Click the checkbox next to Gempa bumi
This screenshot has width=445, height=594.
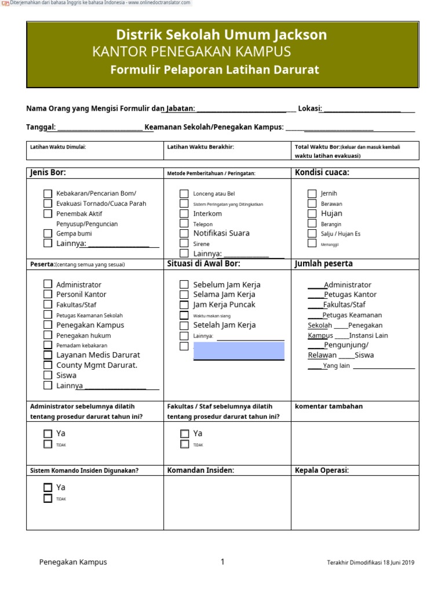[x=48, y=233]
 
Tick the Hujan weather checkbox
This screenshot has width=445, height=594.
[x=312, y=213]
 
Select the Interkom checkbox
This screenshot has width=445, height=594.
[x=184, y=213]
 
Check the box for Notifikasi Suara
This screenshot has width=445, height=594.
[x=184, y=233]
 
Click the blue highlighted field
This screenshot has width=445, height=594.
[x=239, y=350]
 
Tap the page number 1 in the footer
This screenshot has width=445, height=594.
[x=222, y=562]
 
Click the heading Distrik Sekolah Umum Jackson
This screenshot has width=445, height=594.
[x=222, y=35]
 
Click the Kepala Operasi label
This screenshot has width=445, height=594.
[x=322, y=470]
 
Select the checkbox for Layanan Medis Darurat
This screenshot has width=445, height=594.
[x=48, y=355]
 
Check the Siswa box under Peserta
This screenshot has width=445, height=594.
[x=48, y=375]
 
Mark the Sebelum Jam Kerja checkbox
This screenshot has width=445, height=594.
[x=184, y=285]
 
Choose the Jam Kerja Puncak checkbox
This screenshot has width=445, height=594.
[x=184, y=305]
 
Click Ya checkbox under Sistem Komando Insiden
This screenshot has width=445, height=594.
[x=48, y=488]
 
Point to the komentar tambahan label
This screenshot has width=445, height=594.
[x=329, y=406]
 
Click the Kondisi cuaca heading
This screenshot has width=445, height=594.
[x=322, y=172]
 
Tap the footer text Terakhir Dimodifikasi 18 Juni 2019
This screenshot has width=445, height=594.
[x=370, y=562]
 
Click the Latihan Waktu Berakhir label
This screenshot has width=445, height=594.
[x=200, y=147]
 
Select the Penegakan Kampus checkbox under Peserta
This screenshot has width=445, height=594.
[x=48, y=325]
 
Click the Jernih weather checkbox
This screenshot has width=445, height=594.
[x=312, y=194]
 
